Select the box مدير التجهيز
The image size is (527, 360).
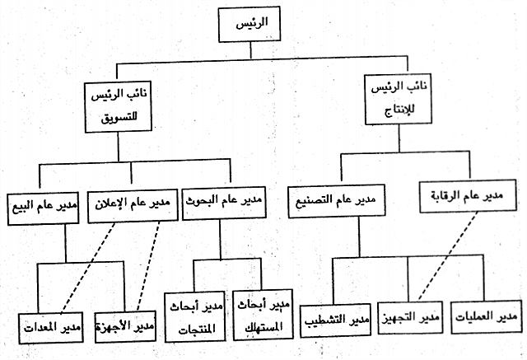point(409,319)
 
